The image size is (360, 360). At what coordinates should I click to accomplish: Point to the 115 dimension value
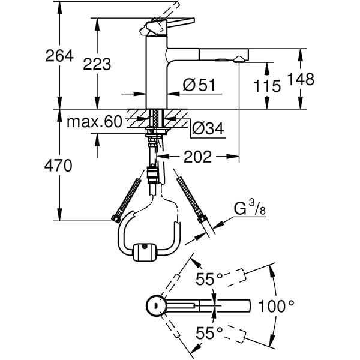pyautogui.click(x=267, y=86)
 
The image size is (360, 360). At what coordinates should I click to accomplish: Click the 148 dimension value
pyautogui.click(x=300, y=80)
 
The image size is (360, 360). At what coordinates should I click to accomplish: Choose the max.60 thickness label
pyautogui.click(x=94, y=122)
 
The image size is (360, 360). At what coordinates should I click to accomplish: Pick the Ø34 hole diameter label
pyautogui.click(x=208, y=127)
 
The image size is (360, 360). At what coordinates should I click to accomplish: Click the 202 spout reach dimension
pyautogui.click(x=197, y=157)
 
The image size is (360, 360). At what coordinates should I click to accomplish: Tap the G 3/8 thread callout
pyautogui.click(x=246, y=210)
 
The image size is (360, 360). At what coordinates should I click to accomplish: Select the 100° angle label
pyautogui.click(x=276, y=306)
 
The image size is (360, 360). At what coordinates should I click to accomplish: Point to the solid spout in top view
pyautogui.click(x=216, y=305)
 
